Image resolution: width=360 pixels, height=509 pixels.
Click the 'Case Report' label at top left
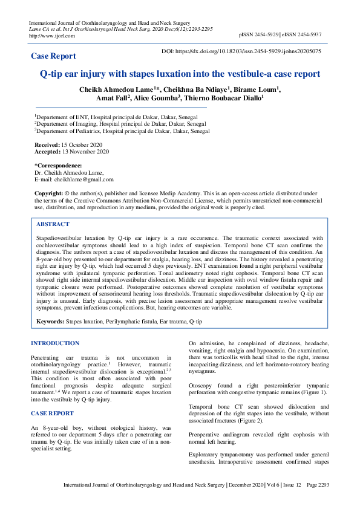(54, 56)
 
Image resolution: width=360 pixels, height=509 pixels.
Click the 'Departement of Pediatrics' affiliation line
(121, 130)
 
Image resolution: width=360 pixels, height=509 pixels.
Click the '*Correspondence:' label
(58, 166)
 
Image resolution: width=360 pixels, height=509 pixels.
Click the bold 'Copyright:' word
(48, 193)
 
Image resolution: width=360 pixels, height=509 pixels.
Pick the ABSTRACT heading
(53, 224)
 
